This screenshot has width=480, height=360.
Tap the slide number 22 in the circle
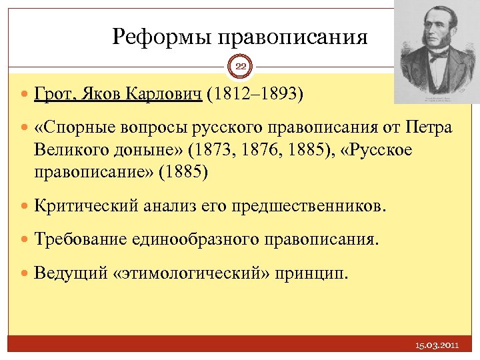pyautogui.click(x=240, y=66)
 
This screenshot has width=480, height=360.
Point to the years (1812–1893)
pyautogui.click(x=254, y=95)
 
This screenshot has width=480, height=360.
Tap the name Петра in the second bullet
pyautogui.click(x=428, y=127)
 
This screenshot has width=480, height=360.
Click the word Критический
pyautogui.click(x=85, y=205)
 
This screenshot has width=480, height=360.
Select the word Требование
pyautogui.click(x=82, y=238)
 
